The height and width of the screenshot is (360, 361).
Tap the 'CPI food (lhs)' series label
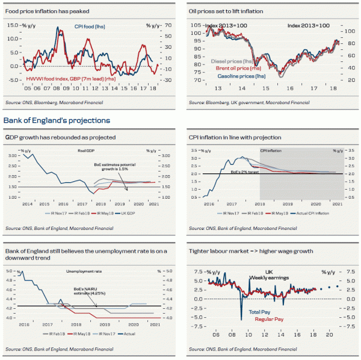coord(96,26)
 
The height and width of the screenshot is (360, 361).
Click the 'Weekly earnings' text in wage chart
coord(270,278)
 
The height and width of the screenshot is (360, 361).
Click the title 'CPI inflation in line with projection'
coord(234,137)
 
